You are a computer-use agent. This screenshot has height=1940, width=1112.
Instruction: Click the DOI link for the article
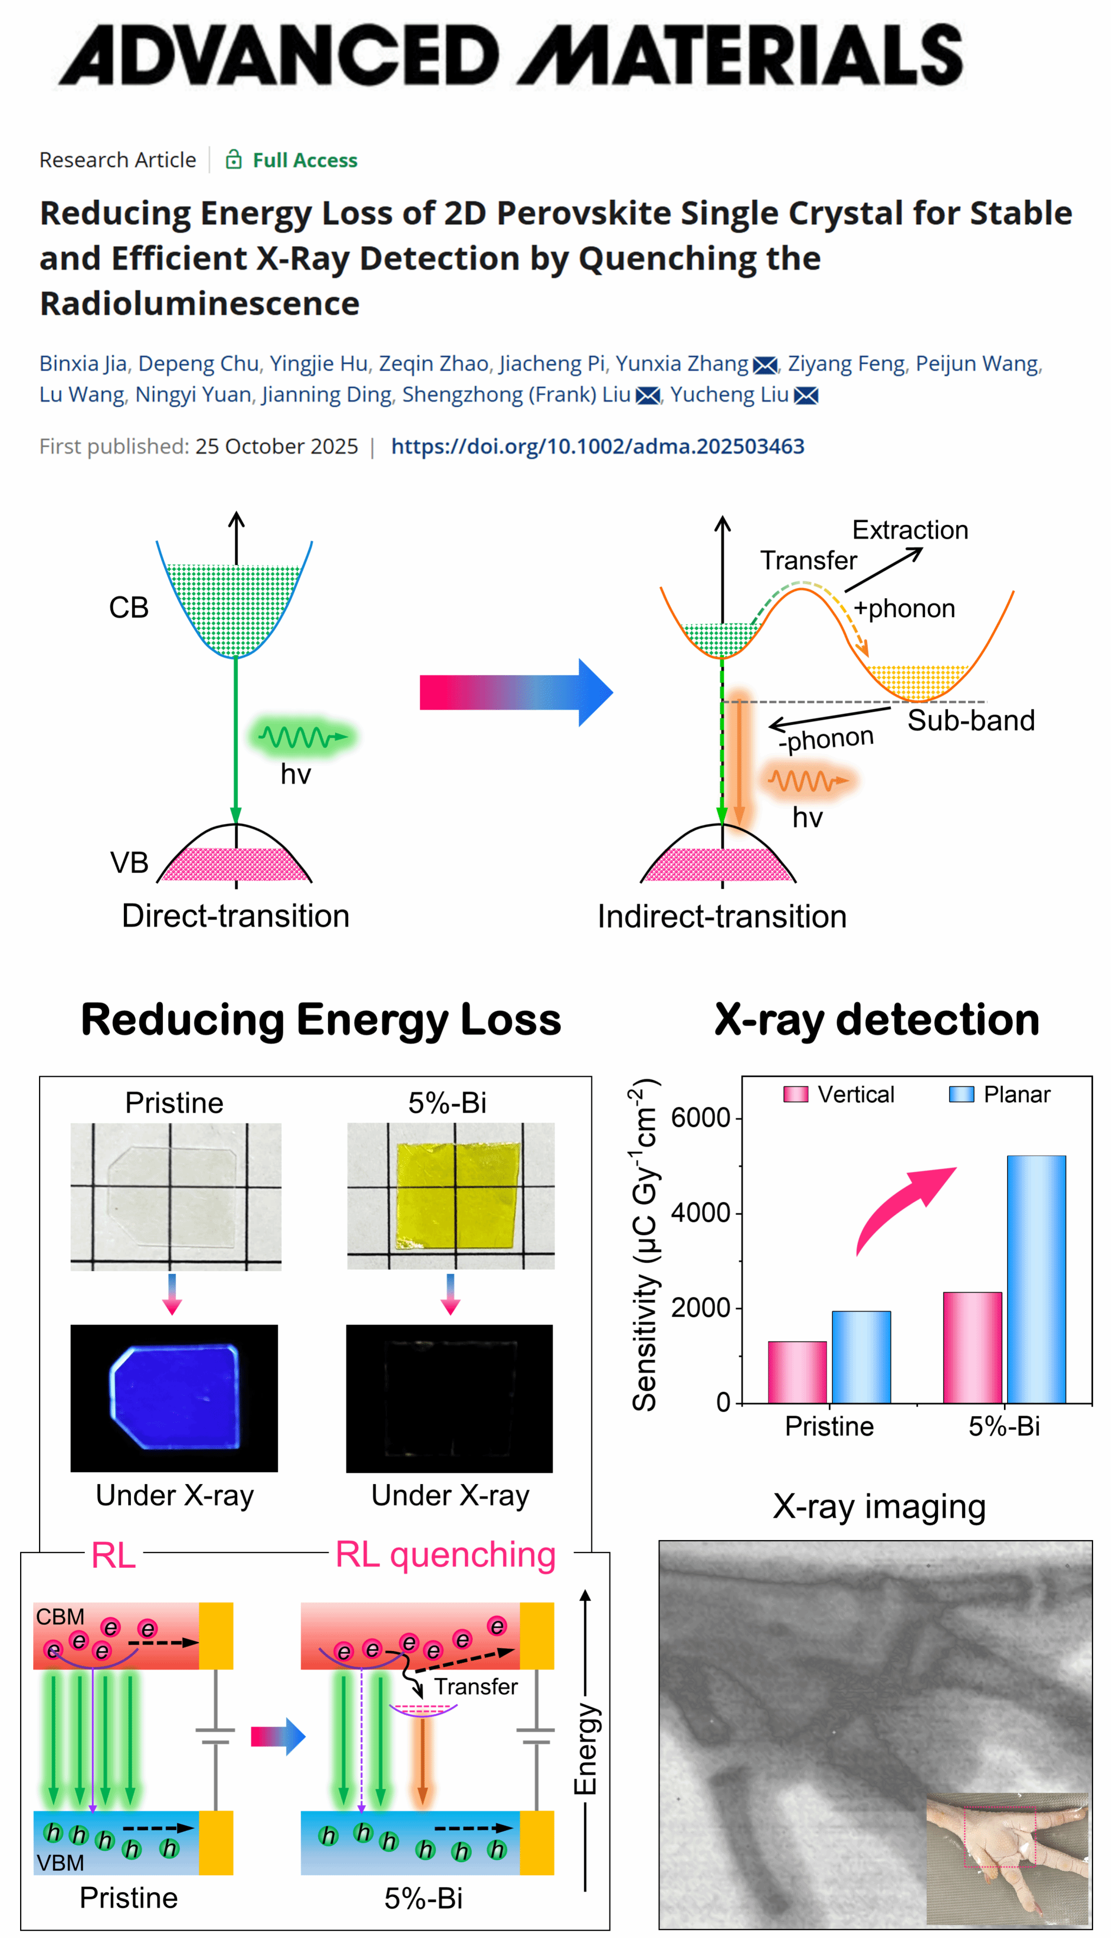597,446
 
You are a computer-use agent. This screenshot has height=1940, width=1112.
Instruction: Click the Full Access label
304,160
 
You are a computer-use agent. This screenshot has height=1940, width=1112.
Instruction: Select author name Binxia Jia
83,363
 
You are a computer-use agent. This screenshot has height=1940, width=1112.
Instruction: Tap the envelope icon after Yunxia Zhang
764,365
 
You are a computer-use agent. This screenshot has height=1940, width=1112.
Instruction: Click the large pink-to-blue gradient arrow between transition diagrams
515,692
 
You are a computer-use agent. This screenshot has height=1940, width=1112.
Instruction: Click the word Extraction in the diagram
909,530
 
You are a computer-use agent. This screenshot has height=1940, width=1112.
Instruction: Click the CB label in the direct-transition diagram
128,608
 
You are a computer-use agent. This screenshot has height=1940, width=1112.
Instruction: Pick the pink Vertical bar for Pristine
797,1372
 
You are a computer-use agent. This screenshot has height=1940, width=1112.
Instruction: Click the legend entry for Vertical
840,1095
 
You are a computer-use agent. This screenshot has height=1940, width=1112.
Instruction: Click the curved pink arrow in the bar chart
901,1207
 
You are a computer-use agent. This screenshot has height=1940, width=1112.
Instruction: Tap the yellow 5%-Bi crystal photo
457,1196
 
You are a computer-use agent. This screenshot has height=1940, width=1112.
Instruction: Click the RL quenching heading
445,1555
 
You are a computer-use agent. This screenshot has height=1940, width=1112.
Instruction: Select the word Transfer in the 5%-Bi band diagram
476,1686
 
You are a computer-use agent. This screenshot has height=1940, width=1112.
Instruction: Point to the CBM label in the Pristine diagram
60,1617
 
